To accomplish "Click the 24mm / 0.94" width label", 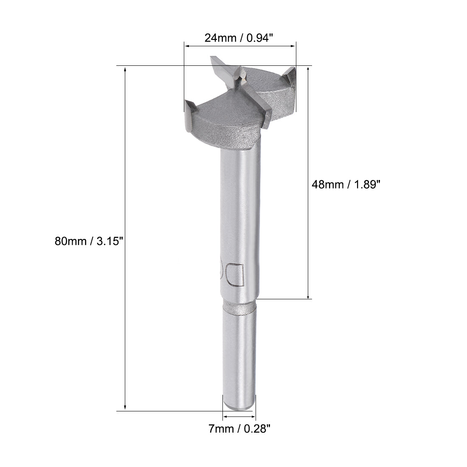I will (x=239, y=38).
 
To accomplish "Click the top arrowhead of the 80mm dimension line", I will (x=125, y=69).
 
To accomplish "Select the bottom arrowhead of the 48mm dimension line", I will (x=308, y=296).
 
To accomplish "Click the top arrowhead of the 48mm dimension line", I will (x=308, y=69).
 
